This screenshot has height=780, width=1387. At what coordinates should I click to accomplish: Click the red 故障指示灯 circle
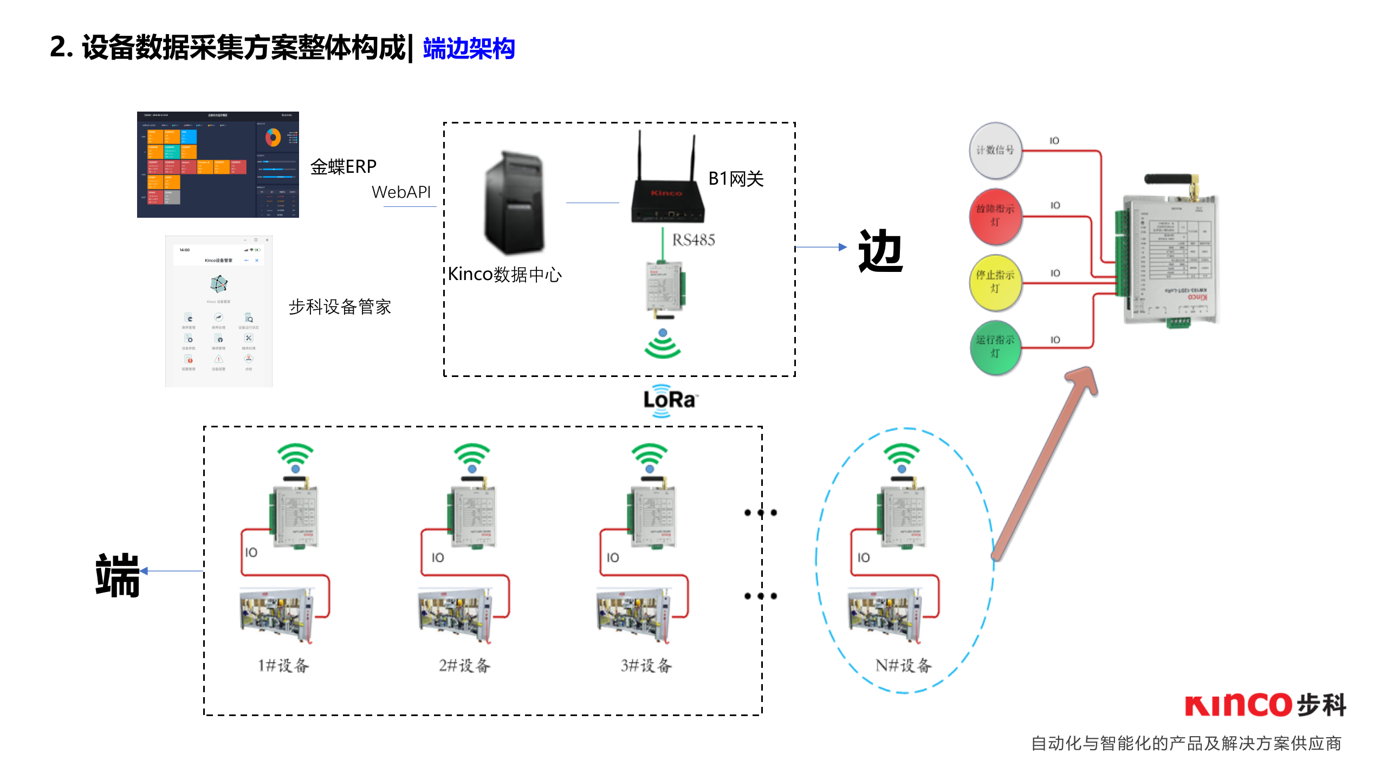click(995, 216)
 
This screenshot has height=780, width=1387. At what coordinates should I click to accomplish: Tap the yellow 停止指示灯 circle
click(995, 282)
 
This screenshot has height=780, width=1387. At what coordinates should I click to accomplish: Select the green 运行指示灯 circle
click(995, 347)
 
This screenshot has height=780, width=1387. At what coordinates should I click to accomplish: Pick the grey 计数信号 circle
click(995, 151)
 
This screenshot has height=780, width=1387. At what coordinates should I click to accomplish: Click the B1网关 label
click(736, 179)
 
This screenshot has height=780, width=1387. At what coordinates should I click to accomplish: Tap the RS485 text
click(693, 240)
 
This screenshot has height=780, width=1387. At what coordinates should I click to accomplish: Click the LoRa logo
click(670, 400)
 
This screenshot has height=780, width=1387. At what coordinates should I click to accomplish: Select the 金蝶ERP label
click(343, 166)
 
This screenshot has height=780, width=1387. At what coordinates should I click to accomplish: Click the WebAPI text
click(401, 192)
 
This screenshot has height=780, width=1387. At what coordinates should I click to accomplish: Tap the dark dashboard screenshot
click(218, 165)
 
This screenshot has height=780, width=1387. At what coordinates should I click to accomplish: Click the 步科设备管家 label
click(340, 307)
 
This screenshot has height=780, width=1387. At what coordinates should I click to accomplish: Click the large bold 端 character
click(117, 575)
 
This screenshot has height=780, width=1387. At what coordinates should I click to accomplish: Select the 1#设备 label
click(283, 666)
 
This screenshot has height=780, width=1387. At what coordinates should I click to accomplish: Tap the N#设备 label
click(903, 666)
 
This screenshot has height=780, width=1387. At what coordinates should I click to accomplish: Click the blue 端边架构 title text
click(469, 49)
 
